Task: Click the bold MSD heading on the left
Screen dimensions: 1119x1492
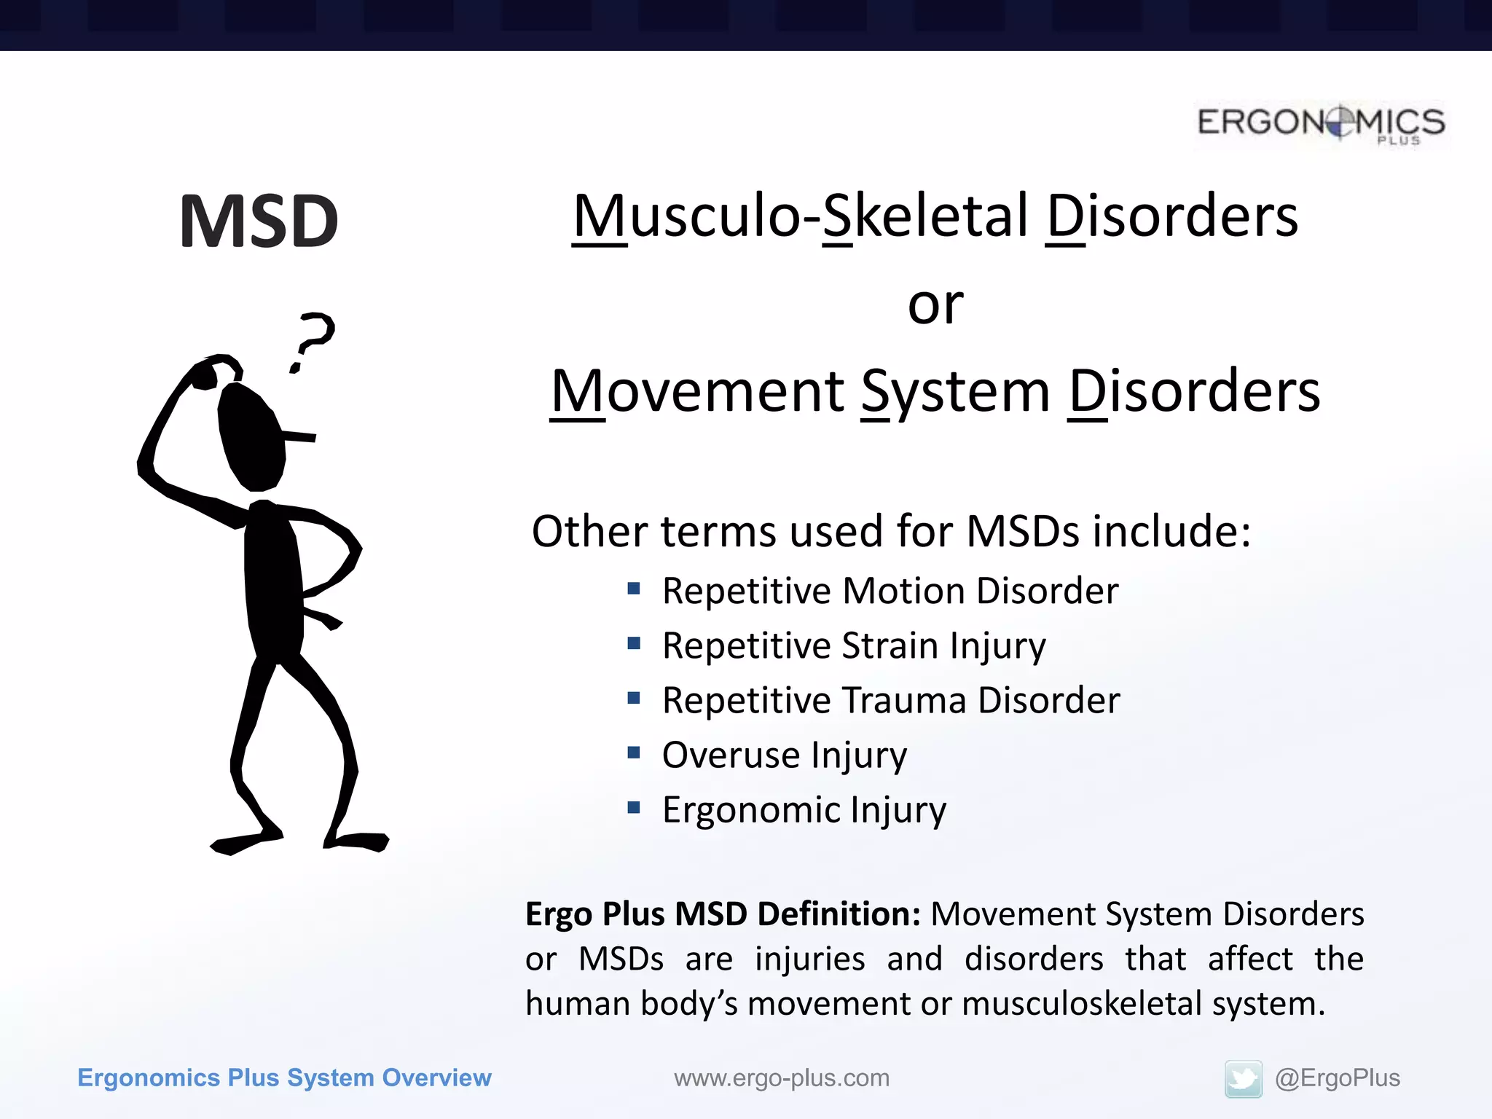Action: coord(259,221)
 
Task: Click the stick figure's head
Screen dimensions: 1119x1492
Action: coord(251,437)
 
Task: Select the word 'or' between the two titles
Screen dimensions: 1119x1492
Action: coord(935,305)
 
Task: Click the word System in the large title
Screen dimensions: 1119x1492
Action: coord(955,392)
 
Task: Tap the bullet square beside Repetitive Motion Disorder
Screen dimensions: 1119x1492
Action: coord(634,588)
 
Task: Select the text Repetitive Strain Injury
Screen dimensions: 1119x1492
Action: coord(853,646)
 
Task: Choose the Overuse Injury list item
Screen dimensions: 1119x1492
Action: coord(784,755)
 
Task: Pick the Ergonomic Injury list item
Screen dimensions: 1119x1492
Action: coord(804,809)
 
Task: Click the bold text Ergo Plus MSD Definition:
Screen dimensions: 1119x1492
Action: coord(723,914)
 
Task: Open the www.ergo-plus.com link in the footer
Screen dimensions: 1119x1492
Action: coord(781,1077)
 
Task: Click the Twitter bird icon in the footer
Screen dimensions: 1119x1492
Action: coord(1243,1079)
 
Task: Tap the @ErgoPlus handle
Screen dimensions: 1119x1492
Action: coord(1337,1077)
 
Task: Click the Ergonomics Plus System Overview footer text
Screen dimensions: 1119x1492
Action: coord(284,1077)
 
